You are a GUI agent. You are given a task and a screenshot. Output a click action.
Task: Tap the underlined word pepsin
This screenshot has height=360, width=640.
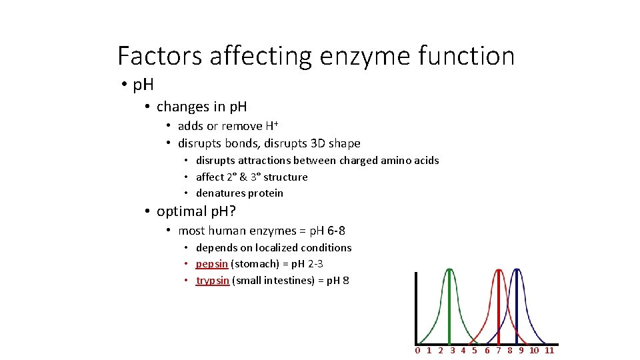[212, 264]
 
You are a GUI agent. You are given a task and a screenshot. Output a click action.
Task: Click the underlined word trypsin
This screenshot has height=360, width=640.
[213, 280]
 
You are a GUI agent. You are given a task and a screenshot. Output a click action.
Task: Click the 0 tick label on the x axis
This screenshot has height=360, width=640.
[417, 351]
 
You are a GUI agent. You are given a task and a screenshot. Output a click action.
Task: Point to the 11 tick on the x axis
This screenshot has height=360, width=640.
[549, 351]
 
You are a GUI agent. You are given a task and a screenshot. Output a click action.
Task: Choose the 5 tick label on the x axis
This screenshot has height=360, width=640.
[474, 351]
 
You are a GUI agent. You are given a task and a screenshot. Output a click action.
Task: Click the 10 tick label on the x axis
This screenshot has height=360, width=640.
[534, 351]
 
